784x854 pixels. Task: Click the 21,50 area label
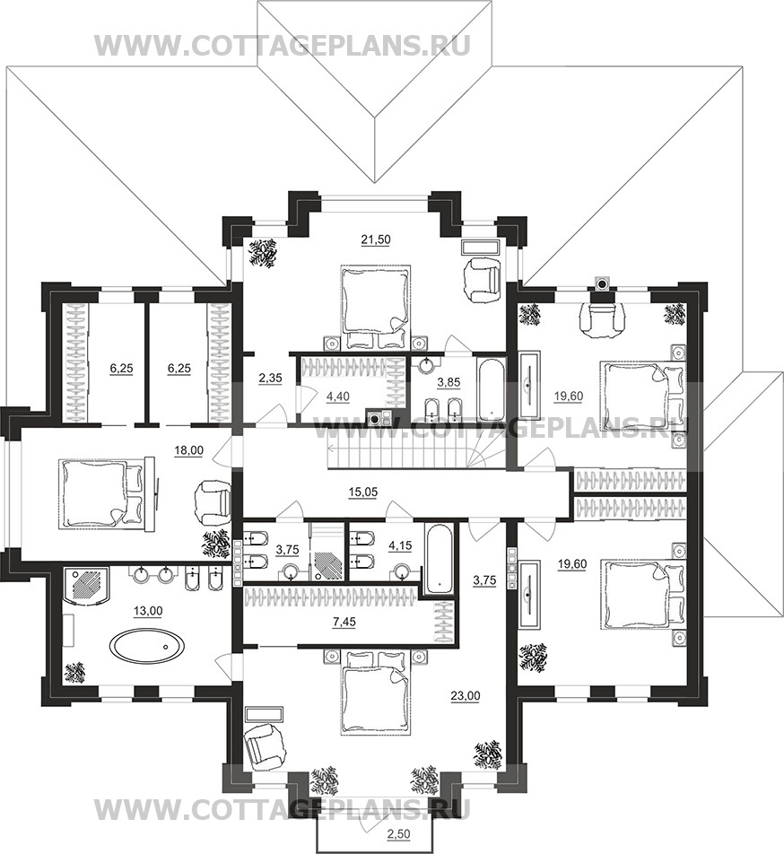coord(376,240)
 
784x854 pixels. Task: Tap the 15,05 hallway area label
coord(363,492)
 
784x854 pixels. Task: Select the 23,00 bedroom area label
coord(466,695)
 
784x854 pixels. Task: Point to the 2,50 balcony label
coord(399,834)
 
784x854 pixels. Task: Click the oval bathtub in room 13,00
coord(147,645)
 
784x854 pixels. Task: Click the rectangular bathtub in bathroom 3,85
coord(492,388)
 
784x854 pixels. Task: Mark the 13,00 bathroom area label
coord(148,612)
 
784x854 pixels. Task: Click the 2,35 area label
coord(270,378)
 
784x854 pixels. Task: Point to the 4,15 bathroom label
coord(400,545)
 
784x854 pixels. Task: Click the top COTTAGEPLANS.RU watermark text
coord(283,45)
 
